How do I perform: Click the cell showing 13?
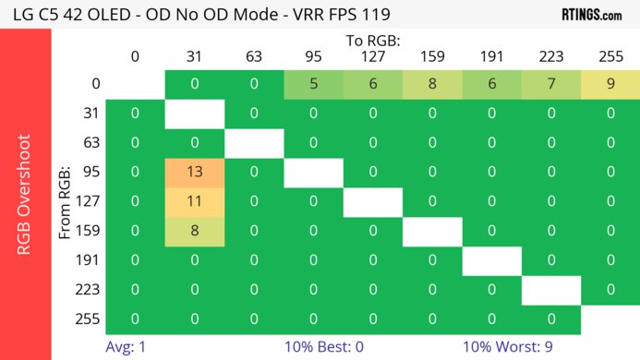coord(194,173)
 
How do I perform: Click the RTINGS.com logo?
coord(591,14)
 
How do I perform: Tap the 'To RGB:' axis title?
coord(373,41)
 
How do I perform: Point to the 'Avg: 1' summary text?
coord(127,348)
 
